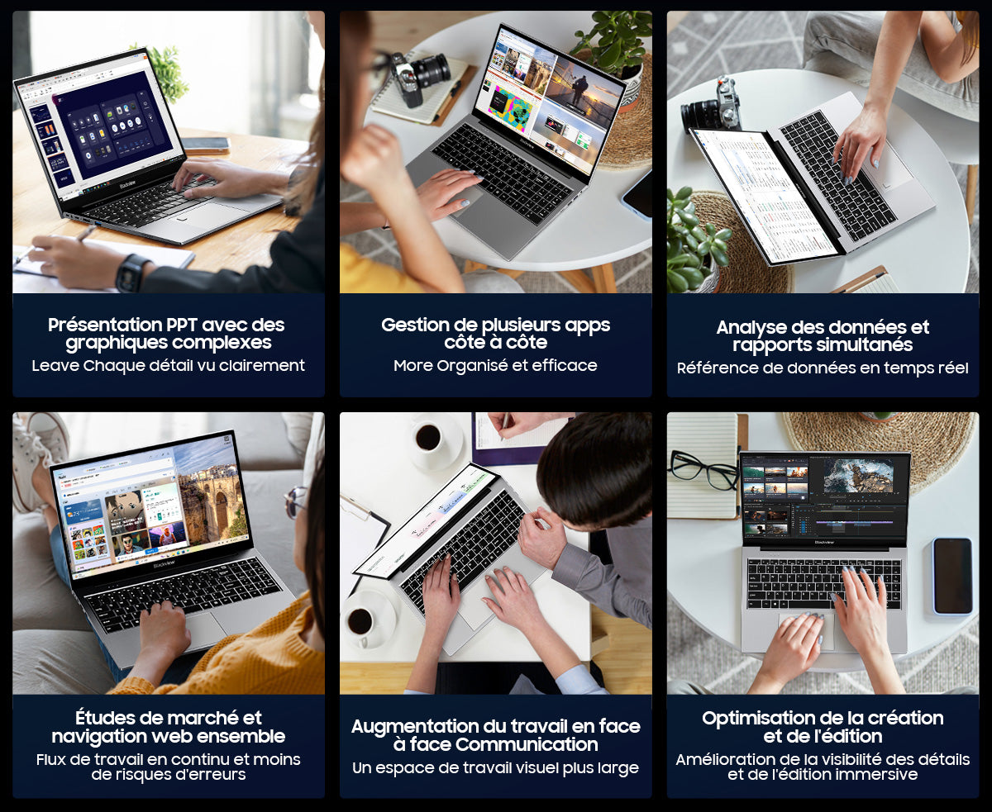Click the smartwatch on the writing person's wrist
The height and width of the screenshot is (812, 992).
[x=132, y=273]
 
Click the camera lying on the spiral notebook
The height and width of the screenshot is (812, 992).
[x=420, y=75]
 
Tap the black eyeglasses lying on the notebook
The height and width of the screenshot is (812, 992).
[x=703, y=470]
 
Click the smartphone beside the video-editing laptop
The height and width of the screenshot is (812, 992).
[x=952, y=575]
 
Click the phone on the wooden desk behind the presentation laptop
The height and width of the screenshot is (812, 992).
[x=206, y=144]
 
